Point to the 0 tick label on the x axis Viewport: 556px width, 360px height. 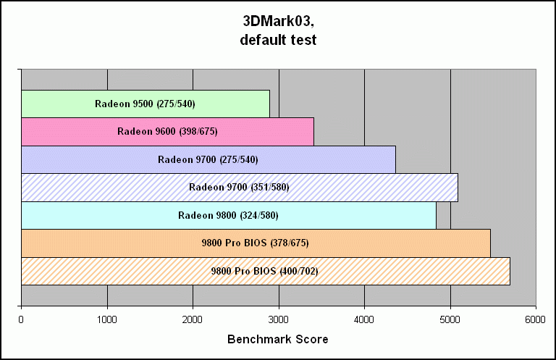coord(22,319)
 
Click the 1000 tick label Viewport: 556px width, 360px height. coord(107,319)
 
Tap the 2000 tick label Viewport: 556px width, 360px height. coord(193,319)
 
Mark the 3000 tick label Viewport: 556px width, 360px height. coord(279,319)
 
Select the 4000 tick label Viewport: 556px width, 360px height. coord(364,319)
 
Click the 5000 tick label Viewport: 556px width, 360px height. coord(450,319)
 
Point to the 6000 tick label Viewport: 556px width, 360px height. coord(536,319)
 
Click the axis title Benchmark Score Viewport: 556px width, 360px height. coord(278,339)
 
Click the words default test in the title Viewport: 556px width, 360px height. coord(278,40)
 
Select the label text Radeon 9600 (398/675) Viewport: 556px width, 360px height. coord(167,131)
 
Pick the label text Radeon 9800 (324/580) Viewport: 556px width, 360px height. coord(228,215)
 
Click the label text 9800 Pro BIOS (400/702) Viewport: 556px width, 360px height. coord(264,271)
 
